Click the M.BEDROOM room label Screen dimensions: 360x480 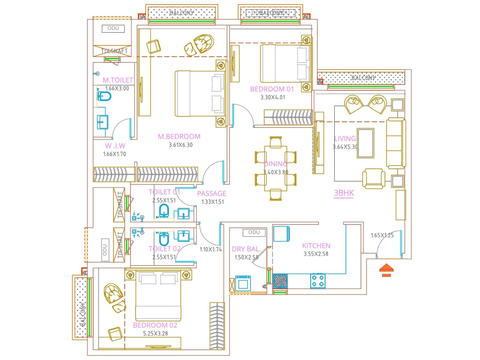coord(179,136)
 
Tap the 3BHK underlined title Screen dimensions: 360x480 coord(344,193)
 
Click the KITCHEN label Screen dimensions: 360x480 coord(316,246)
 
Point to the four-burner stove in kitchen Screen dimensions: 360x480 coord(318,281)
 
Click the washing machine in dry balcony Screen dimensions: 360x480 coord(243,283)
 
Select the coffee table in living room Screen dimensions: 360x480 coord(365,143)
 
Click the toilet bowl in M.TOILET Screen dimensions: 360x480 coord(104,96)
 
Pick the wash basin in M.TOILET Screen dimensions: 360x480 coord(102,122)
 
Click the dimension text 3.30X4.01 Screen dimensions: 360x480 coord(273,97)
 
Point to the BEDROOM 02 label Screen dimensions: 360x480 coord(155,325)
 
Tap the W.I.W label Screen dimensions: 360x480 coord(115,146)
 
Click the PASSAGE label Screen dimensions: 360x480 coord(211,193)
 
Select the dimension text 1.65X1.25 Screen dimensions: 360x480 coord(382,235)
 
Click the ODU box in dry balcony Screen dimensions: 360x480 coord(254,232)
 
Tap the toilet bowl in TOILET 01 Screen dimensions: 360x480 coord(164,211)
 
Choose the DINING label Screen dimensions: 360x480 coord(275,164)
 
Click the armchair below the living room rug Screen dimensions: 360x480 coord(373,178)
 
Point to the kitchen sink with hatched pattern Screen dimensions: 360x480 coord(280,281)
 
